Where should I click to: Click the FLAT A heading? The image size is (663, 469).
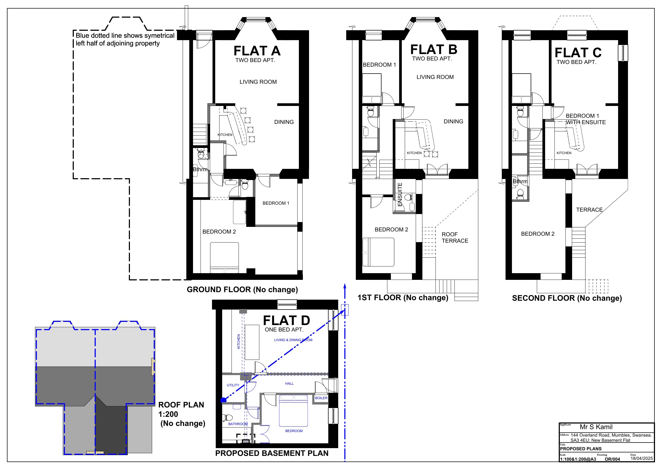pos(257,51)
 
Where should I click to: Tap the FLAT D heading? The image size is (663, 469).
pos(286,321)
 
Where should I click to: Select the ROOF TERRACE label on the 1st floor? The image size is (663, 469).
pos(455,238)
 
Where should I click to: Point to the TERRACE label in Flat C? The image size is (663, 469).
pos(589,210)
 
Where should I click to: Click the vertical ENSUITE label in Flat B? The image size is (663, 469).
pos(400,195)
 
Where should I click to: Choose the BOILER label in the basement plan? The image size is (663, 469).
pos(321,398)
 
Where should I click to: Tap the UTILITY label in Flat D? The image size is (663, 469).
pos(233,385)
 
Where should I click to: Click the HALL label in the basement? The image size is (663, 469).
pos(289,383)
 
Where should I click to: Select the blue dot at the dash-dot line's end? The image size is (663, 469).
pos(223,400)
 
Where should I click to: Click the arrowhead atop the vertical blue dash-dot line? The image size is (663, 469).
pos(345,286)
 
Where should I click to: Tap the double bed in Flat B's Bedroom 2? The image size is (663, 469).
pos(378,252)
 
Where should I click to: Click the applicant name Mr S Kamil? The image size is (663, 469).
pos(596,427)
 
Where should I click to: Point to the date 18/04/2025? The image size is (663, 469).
pos(642,458)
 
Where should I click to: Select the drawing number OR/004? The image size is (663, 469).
pos(612,459)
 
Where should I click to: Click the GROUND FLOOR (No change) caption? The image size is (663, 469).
pos(242,289)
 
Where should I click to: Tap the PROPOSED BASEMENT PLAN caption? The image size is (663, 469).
pos(272,453)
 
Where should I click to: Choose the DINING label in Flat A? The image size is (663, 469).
pos(284,122)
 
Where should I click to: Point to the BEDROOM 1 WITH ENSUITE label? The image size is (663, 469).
pos(586,119)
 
